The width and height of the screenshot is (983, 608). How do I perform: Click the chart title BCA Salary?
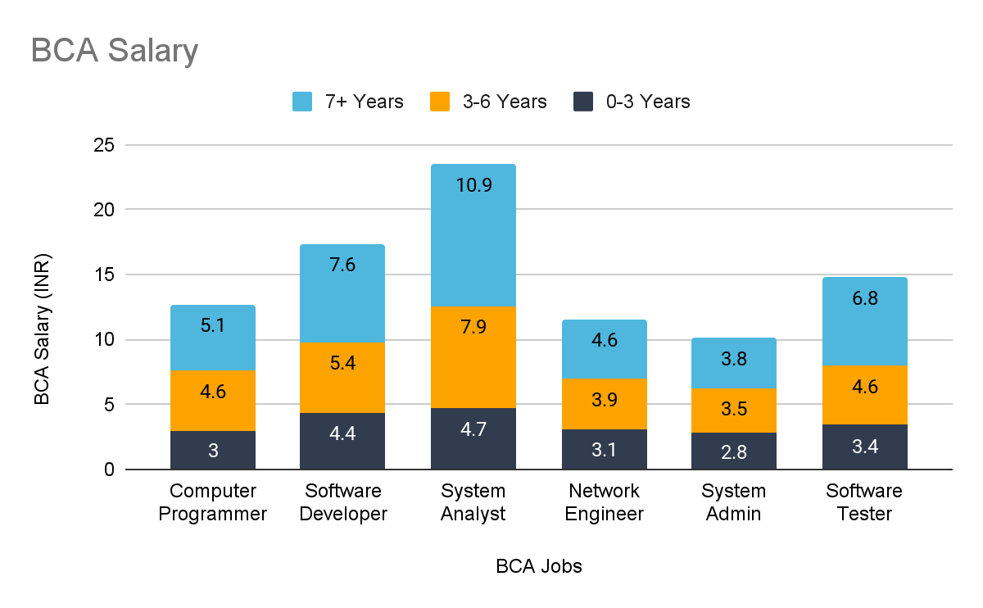click(x=115, y=51)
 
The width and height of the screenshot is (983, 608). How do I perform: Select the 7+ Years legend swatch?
click(x=303, y=102)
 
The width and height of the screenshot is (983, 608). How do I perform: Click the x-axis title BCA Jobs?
click(x=538, y=566)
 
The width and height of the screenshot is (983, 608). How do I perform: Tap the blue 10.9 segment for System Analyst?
click(x=473, y=235)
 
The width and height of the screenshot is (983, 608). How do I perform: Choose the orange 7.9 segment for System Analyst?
click(x=473, y=357)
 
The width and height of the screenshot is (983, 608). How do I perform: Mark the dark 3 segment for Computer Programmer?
click(x=213, y=450)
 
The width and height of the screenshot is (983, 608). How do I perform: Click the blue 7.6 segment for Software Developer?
click(x=342, y=293)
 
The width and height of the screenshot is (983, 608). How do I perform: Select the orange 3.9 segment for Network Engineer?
click(x=604, y=404)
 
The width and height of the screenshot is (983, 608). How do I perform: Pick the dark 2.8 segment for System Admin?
click(x=734, y=451)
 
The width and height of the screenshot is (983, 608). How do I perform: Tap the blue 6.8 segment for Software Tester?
click(x=865, y=321)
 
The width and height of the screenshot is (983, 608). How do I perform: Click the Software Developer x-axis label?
click(x=342, y=502)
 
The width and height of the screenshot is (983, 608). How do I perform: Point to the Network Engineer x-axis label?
click(x=604, y=502)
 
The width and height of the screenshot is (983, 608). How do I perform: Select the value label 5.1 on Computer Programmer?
click(x=213, y=326)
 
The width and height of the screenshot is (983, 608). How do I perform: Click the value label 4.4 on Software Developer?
click(x=342, y=433)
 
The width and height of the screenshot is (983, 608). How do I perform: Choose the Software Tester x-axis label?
click(x=864, y=502)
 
